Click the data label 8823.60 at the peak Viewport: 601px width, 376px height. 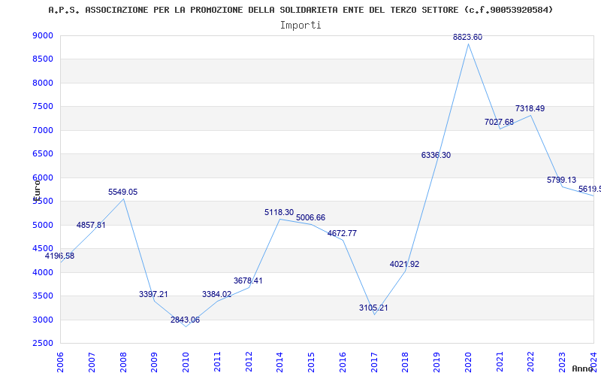[x=467, y=37]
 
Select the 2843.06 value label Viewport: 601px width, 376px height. [x=185, y=320]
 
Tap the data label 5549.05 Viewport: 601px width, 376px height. [x=123, y=192]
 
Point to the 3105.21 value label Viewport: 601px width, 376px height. [x=373, y=308]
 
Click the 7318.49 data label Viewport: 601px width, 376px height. [x=530, y=109]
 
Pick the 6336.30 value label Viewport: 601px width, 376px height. [x=436, y=155]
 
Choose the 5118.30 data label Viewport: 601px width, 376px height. [x=279, y=213]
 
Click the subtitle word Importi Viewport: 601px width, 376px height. [x=300, y=25]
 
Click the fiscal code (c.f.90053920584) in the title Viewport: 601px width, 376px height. [x=509, y=10]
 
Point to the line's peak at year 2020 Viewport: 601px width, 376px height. [x=468, y=44]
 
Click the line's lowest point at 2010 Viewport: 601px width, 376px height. [x=186, y=326]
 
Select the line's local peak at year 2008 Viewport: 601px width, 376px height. [x=124, y=199]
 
